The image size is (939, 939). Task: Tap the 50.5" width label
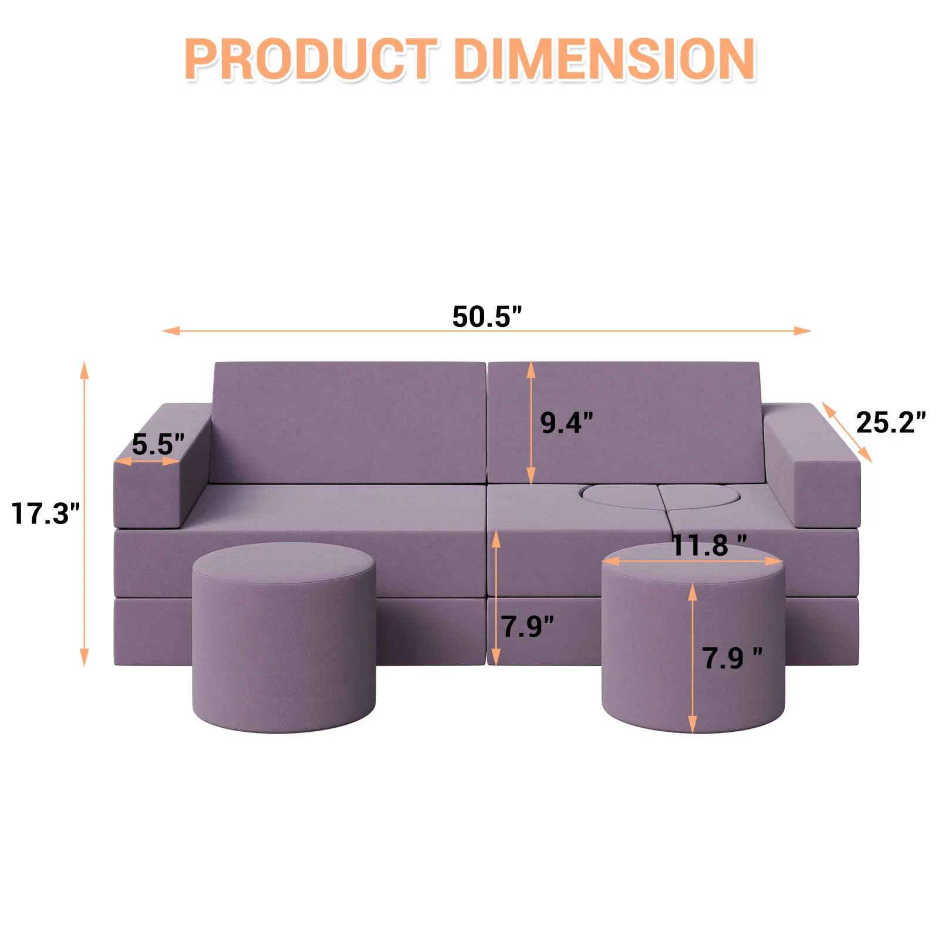487,316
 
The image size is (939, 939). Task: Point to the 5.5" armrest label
158,444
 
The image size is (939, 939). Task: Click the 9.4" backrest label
566,423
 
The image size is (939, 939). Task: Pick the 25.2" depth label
891,422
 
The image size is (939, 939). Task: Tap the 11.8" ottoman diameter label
709,545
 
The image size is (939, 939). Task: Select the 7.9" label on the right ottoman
732,658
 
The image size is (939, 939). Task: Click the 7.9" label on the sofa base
527,626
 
